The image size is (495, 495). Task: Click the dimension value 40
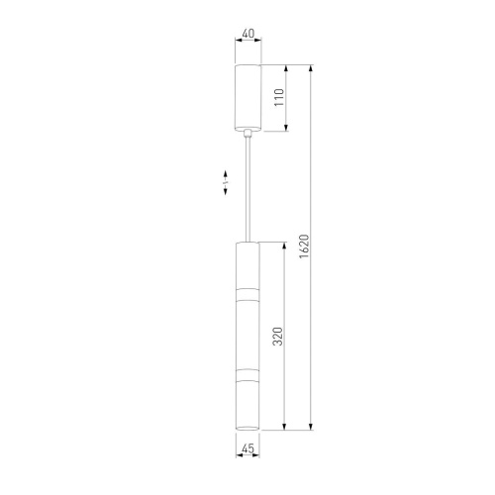(248, 34)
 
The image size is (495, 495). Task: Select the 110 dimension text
(279, 97)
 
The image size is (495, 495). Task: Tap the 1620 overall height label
(304, 247)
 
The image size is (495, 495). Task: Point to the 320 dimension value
(278, 337)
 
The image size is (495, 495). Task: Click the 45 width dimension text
(247, 448)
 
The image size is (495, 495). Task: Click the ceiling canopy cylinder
(247, 97)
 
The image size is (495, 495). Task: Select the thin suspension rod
(247, 189)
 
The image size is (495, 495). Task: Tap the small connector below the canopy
(247, 134)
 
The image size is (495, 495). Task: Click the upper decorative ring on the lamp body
(247, 295)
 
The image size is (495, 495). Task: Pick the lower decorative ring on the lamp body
(247, 374)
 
